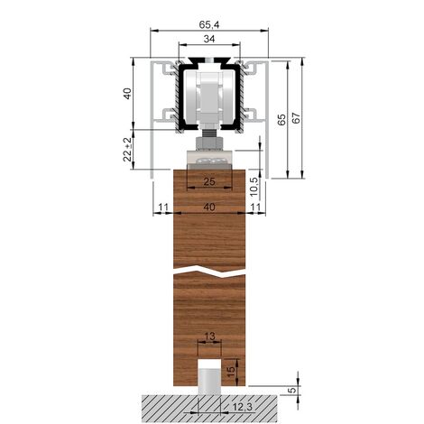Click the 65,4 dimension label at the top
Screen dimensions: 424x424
(209, 24)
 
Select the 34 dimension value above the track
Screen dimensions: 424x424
(209, 39)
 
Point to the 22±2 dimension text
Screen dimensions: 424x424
(128, 150)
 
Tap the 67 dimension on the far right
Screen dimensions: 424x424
(296, 118)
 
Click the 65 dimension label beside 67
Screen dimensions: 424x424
(281, 120)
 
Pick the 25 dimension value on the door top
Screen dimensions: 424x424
(209, 181)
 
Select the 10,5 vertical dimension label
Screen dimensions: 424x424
(254, 187)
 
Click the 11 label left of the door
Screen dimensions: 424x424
(163, 207)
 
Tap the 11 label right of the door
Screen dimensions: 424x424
(255, 207)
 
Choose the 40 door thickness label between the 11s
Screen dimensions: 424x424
(209, 207)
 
